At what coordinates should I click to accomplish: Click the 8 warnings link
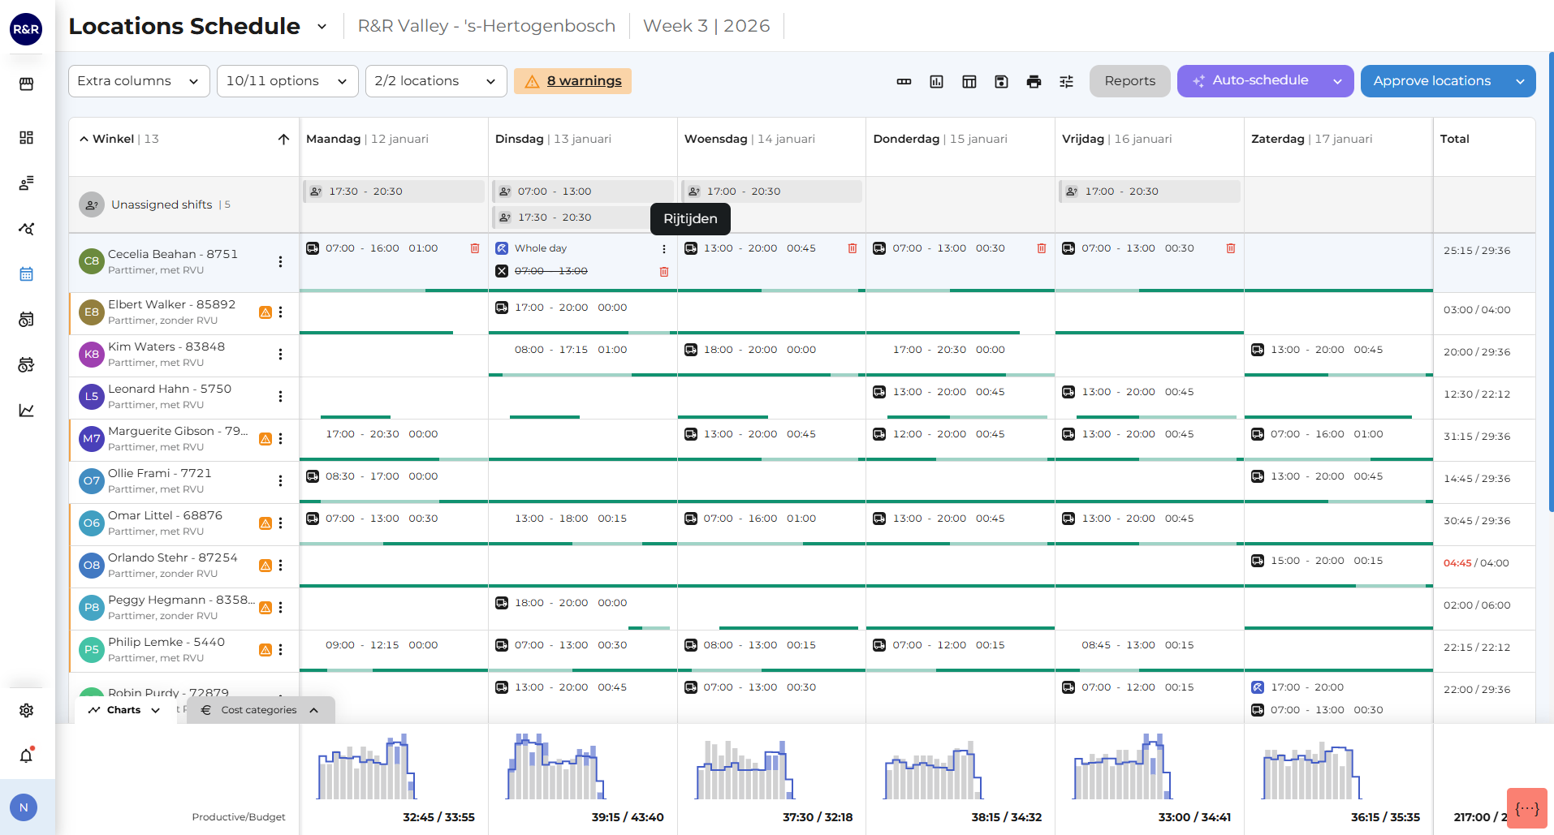(584, 81)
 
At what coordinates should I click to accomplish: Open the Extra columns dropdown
(139, 81)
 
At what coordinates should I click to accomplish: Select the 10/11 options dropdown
(287, 81)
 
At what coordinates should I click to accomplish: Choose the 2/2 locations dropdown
(436, 81)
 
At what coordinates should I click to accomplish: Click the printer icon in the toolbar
(1034, 81)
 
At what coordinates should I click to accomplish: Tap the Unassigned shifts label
(162, 204)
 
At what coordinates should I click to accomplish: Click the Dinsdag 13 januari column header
(553, 139)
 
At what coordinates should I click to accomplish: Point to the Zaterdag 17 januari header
(1311, 139)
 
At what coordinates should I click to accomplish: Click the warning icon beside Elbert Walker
(265, 312)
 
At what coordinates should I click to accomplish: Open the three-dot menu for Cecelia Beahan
(280, 261)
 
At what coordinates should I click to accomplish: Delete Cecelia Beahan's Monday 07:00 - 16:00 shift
(475, 248)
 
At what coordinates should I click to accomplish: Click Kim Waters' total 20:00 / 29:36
(1477, 352)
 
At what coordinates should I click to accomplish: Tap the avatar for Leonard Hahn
(92, 397)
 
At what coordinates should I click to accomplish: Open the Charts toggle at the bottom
(124, 710)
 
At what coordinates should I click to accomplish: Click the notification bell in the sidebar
(27, 755)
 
